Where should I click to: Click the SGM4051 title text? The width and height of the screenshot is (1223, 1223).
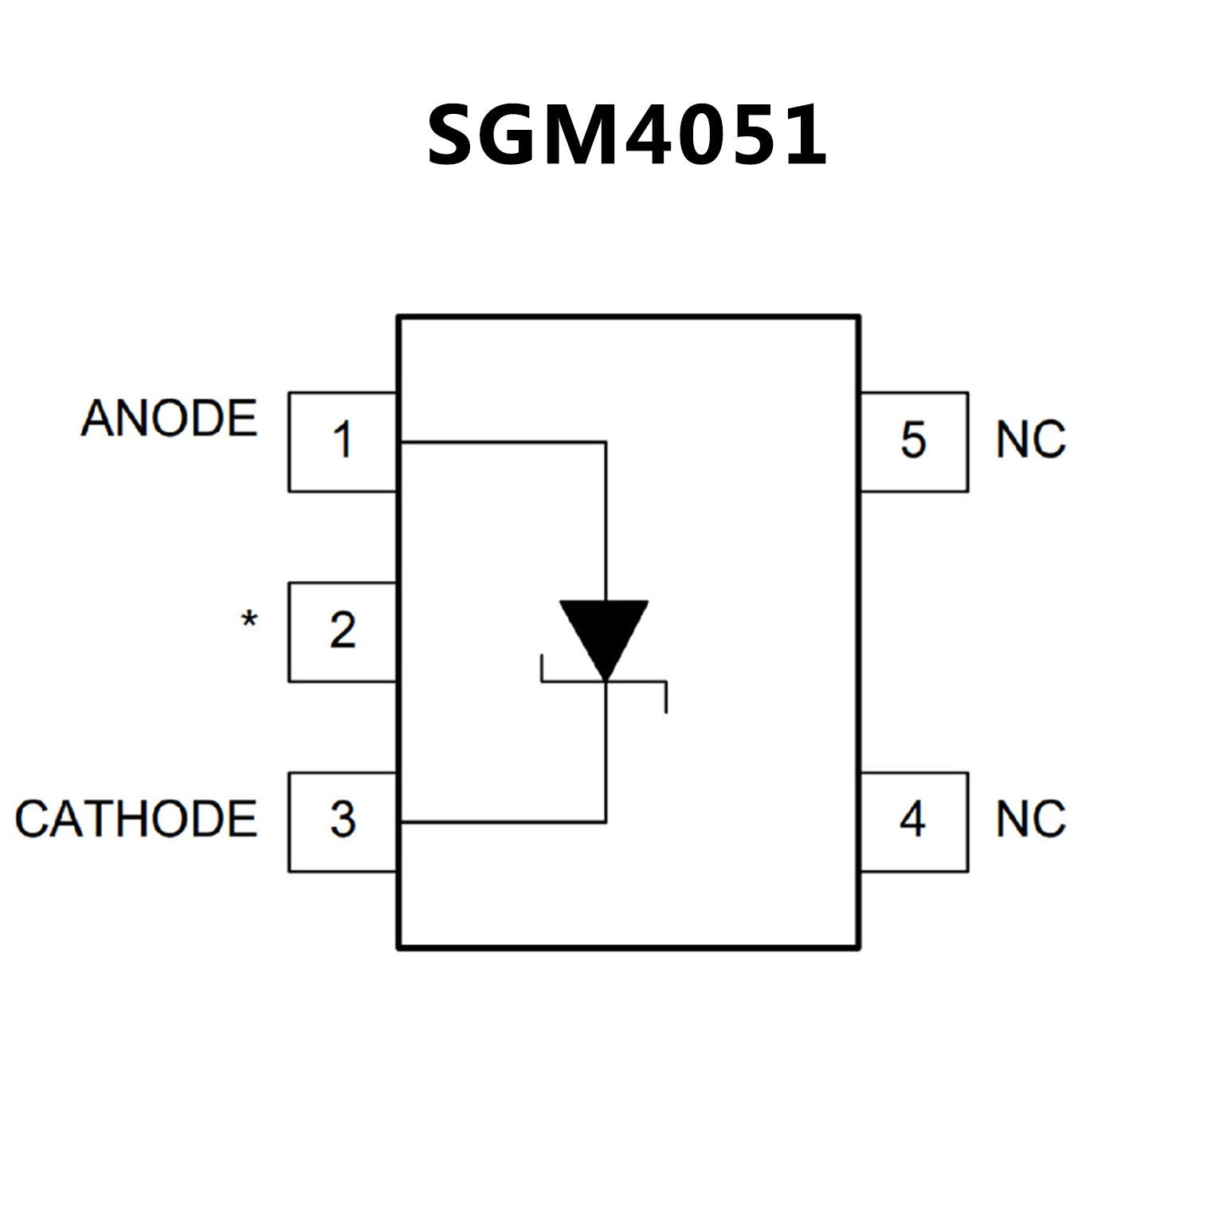[x=627, y=135]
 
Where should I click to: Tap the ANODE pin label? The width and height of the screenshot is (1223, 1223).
[x=169, y=418]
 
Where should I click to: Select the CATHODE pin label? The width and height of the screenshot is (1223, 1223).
[x=136, y=819]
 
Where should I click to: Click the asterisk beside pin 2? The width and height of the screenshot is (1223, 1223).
[x=249, y=620]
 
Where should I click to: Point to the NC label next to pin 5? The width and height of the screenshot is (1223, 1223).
[x=1030, y=440]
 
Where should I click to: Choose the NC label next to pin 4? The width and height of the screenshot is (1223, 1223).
[x=1030, y=819]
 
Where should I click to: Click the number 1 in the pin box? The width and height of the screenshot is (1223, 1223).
[x=343, y=441]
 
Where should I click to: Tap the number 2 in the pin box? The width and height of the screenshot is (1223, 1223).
[x=343, y=630]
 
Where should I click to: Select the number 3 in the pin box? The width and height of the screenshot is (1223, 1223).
[x=343, y=820]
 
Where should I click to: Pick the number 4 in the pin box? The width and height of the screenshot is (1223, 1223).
[x=913, y=820]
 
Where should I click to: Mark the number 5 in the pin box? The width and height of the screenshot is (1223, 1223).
[x=913, y=441]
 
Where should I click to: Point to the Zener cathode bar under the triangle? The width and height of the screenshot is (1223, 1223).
[x=604, y=682]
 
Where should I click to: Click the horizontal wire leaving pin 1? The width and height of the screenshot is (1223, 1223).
[x=502, y=442]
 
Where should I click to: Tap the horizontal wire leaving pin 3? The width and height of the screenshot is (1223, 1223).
[x=502, y=821]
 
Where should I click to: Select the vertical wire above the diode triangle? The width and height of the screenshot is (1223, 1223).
[x=606, y=518]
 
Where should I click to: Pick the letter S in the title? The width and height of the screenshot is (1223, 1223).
[x=457, y=135]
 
